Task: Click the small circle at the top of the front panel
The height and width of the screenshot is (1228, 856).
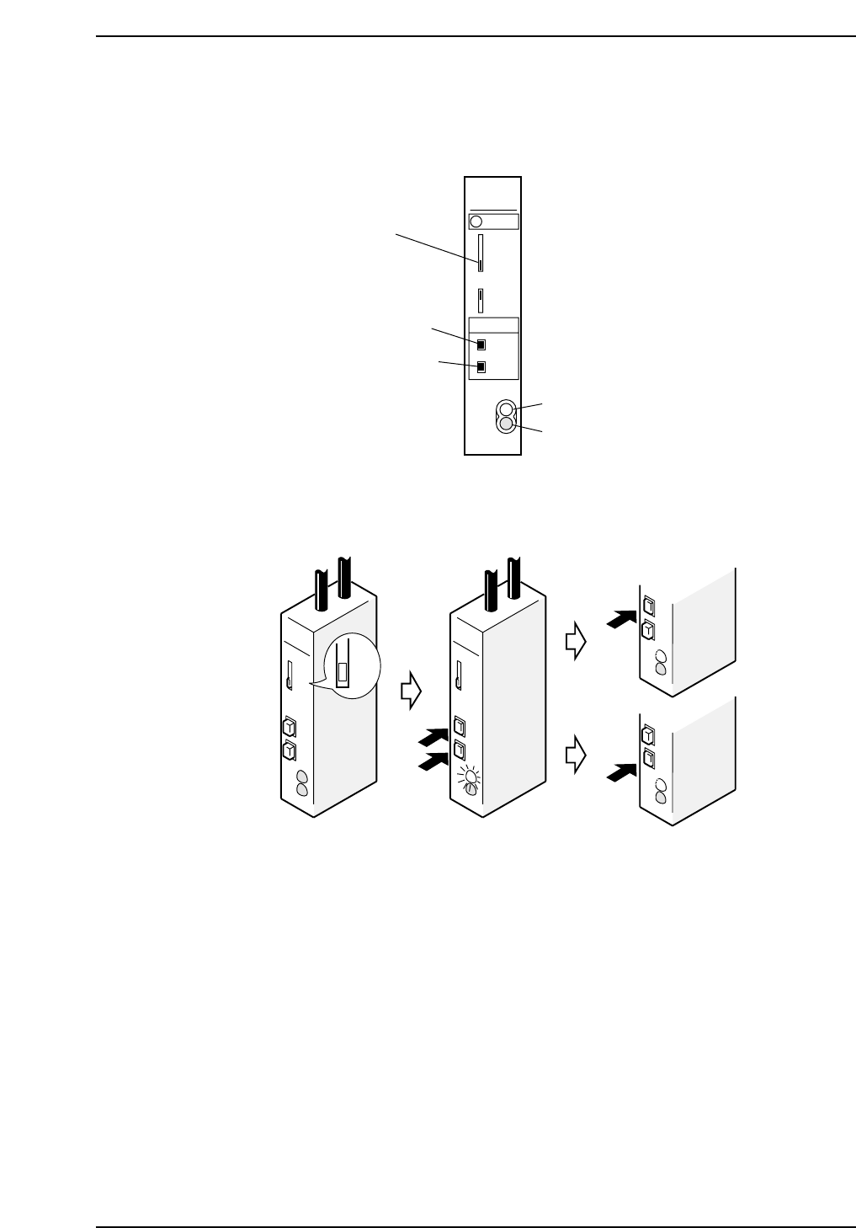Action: pos(475,222)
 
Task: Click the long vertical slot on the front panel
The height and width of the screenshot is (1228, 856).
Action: pos(481,254)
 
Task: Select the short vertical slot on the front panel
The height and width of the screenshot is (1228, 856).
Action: pos(481,301)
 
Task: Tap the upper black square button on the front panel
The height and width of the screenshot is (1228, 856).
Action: pos(481,344)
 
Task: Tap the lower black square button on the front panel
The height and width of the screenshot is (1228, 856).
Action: pos(481,367)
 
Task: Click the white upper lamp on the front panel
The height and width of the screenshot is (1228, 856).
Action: pos(506,410)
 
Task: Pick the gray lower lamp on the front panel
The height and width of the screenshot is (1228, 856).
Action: pos(506,425)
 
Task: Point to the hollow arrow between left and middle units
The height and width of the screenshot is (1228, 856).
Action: pos(410,691)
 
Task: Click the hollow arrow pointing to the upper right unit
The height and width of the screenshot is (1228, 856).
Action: pos(576,643)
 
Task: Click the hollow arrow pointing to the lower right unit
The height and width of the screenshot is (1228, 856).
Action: pos(576,755)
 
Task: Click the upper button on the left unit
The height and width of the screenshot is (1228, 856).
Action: pos(288,726)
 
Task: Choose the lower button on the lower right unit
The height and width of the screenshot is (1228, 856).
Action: pos(649,760)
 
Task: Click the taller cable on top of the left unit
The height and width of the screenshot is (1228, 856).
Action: pos(343,582)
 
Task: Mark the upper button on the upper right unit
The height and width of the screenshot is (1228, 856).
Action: pos(649,606)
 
